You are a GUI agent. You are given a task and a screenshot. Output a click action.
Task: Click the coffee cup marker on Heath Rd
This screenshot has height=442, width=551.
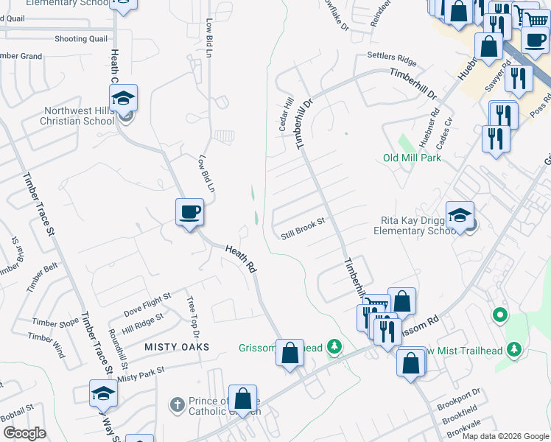[189, 212]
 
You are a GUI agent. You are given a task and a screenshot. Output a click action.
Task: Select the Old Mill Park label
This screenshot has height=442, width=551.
[412, 158]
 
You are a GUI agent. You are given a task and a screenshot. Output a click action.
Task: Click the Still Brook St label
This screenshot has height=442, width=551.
[303, 235]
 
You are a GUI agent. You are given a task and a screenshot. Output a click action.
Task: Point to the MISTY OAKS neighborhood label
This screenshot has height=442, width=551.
[177, 346]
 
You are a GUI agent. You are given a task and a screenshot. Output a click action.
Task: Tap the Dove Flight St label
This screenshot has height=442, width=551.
[147, 300]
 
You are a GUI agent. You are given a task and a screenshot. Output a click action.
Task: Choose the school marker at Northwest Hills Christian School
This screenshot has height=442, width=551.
[124, 99]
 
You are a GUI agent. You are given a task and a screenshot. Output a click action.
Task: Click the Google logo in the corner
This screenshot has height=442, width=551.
[24, 433]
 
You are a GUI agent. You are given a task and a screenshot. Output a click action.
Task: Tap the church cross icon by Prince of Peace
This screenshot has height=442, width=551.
[176, 404]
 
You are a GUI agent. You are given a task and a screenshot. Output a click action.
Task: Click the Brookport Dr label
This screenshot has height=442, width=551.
[458, 393]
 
